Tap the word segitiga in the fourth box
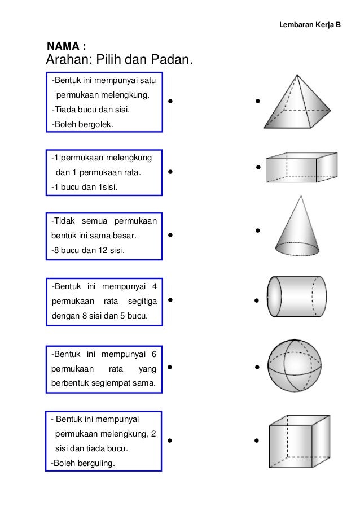click(141, 300)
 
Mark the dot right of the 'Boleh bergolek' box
click(170, 103)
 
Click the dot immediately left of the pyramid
click(257, 102)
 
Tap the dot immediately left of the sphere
click(257, 368)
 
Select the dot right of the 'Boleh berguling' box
click(170, 440)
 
